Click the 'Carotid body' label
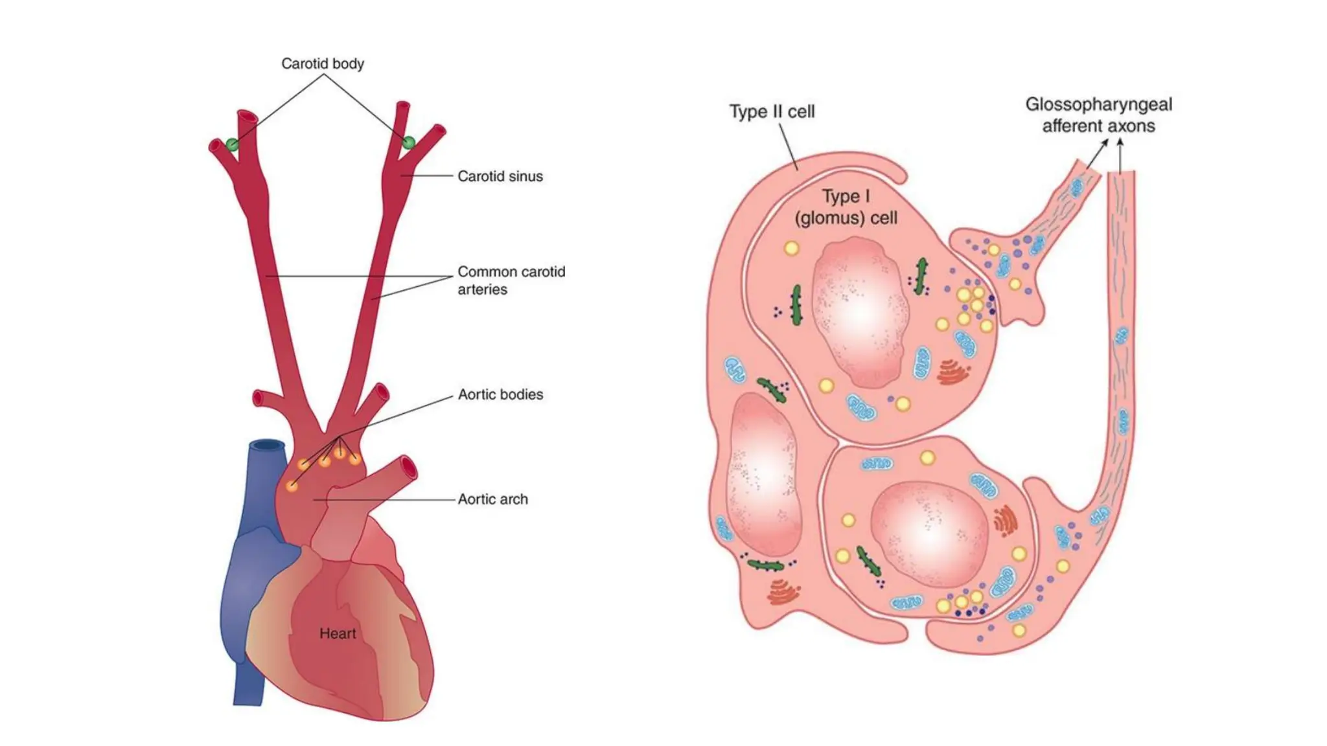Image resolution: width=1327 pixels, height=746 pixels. click(322, 63)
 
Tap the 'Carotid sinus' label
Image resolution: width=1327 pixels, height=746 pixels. click(500, 176)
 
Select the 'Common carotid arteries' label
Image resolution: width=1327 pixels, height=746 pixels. click(511, 280)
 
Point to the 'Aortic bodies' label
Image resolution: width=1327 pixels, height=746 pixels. click(500, 394)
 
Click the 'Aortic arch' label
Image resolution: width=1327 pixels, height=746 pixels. click(492, 499)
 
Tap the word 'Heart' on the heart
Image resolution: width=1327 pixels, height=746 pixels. click(338, 633)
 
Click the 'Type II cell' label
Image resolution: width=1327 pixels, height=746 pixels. click(772, 111)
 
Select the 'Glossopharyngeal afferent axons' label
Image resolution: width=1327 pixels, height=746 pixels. click(1098, 115)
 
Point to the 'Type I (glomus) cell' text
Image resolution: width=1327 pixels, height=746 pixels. click(846, 207)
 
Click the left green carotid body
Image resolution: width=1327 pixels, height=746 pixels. click(232, 144)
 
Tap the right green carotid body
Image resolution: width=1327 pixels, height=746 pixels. click(408, 142)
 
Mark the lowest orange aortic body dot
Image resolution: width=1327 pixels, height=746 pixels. click(292, 485)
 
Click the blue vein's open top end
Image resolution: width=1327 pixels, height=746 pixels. click(268, 446)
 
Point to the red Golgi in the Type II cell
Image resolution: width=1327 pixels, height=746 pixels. click(783, 591)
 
